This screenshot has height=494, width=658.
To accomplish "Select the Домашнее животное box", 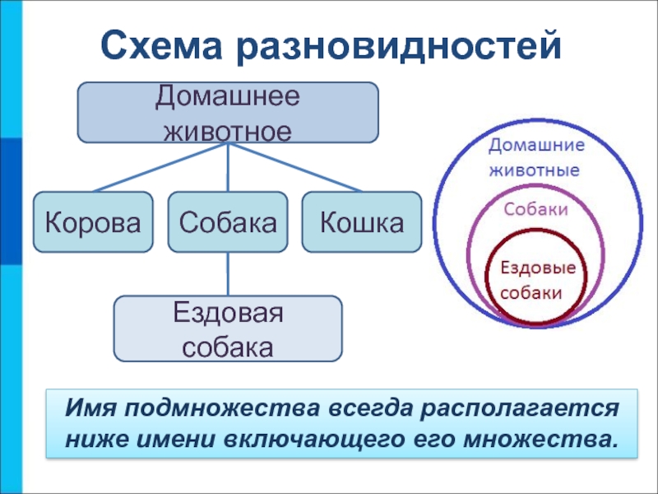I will pyautogui.click(x=228, y=112).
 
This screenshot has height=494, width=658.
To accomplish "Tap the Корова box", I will pyautogui.click(x=93, y=221).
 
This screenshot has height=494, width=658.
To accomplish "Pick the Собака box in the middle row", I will pyautogui.click(x=228, y=221).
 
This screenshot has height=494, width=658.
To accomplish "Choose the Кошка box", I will pyautogui.click(x=362, y=221).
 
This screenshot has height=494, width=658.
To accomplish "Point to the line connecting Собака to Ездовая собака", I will pyautogui.click(x=228, y=274).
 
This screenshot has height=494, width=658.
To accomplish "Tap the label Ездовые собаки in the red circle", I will pyautogui.click(x=537, y=280).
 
